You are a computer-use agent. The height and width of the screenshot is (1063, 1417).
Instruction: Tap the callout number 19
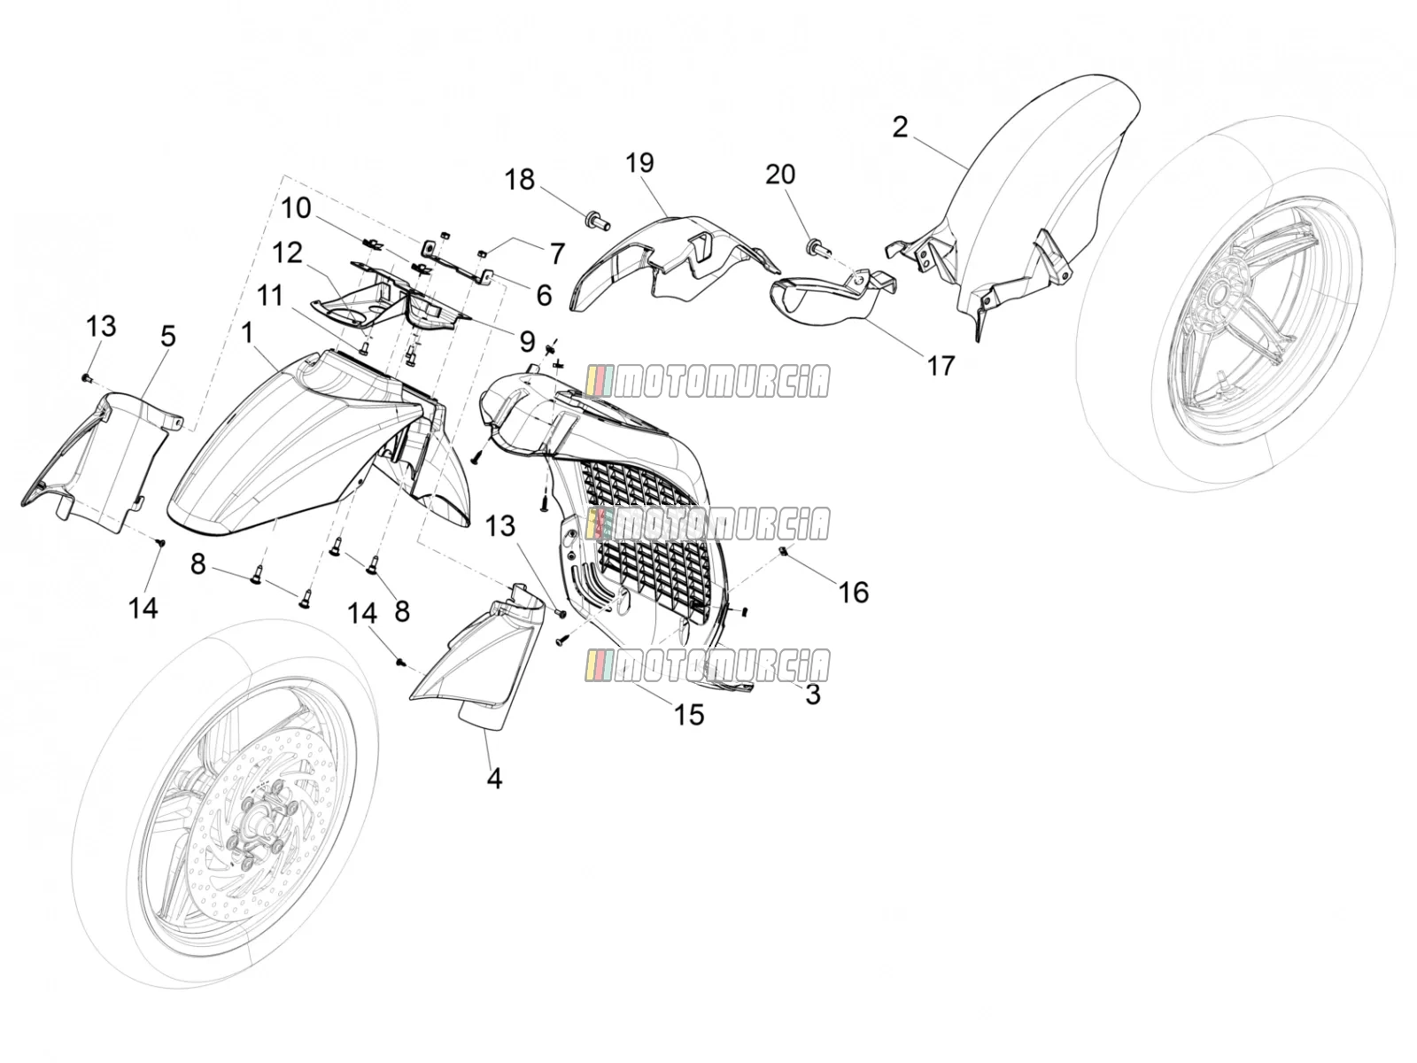[639, 163]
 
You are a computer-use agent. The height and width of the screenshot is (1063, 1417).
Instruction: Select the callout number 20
[780, 175]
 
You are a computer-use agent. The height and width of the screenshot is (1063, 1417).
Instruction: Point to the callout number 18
[520, 180]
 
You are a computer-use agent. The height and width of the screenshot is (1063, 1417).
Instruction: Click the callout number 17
[940, 366]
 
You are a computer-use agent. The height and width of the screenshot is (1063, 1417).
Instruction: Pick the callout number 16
[854, 592]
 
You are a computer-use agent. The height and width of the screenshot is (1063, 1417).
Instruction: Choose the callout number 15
[689, 715]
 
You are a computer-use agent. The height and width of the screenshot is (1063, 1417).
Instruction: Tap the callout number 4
[494, 779]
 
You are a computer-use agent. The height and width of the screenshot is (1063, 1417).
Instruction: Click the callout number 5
[168, 337]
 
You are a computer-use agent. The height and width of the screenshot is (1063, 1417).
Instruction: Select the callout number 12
[287, 252]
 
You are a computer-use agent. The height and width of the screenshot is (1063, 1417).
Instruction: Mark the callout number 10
[297, 208]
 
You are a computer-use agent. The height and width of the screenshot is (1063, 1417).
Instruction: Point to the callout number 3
[813, 694]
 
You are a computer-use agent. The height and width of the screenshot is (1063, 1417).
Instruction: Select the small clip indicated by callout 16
[782, 550]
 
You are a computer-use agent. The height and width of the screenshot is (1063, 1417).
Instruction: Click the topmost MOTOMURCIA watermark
[708, 382]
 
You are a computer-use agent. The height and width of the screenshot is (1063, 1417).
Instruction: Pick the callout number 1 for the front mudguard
[246, 334]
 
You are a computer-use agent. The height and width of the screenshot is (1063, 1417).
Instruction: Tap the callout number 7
[557, 253]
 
